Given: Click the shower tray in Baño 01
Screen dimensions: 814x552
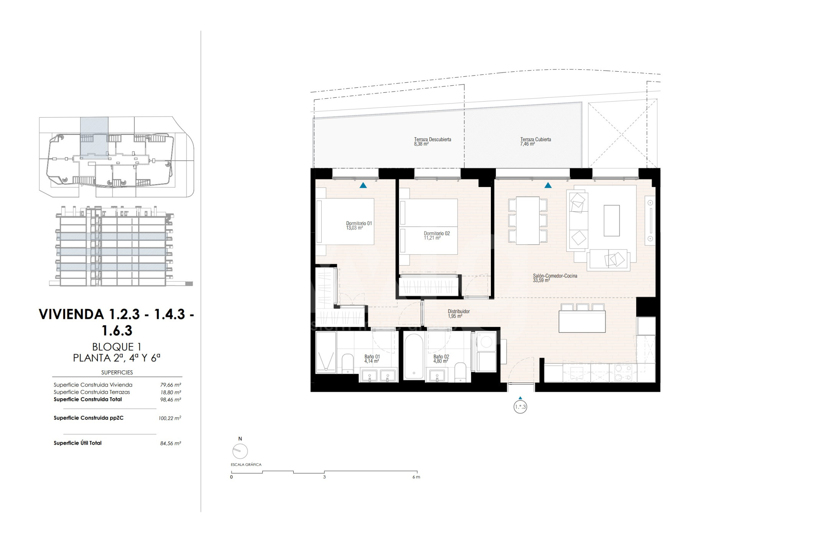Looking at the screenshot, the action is (326, 352).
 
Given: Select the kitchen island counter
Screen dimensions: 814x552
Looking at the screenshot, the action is (582, 322).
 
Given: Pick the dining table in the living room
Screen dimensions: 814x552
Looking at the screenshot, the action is (528, 220).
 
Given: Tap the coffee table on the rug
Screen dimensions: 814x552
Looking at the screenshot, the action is (611, 220).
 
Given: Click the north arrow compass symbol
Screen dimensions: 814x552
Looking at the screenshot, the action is (240, 451).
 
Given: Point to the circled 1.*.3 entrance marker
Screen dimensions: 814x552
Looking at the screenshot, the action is (520, 407).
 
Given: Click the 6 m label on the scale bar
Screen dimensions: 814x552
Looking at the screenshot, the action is (416, 477).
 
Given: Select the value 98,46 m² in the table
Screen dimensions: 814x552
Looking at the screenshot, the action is (170, 400).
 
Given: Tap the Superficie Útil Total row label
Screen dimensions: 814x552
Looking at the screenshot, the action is (78, 443).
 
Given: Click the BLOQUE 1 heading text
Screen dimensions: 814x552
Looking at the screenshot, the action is (117, 347).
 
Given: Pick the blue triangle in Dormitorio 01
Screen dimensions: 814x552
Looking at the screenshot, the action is (363, 186).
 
